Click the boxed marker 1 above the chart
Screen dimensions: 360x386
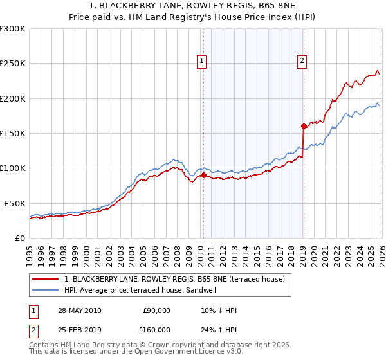[x=202, y=61]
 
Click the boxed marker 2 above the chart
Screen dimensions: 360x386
[x=302, y=61]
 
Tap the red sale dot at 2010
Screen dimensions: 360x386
[x=204, y=175]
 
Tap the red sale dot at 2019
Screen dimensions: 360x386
[x=304, y=126]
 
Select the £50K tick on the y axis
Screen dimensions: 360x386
[x=15, y=203]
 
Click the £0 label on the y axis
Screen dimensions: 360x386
[x=21, y=238]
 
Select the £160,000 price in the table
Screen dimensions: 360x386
[x=156, y=329]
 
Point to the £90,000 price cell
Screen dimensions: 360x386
[x=156, y=310]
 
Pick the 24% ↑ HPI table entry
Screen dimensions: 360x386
[x=219, y=329]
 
